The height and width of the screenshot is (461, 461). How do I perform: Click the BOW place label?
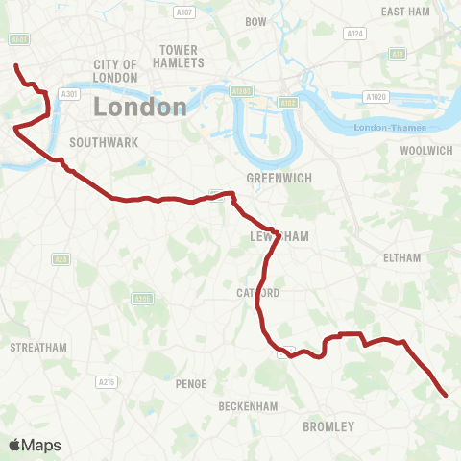[x=256, y=21]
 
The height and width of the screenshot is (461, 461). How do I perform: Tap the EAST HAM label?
[x=404, y=12]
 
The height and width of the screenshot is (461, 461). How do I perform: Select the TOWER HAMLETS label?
[x=182, y=56]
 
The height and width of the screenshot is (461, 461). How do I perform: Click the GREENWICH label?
[x=276, y=178]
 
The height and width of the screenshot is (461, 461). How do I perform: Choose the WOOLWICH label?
[x=425, y=151]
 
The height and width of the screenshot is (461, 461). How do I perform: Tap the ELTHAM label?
[x=401, y=258]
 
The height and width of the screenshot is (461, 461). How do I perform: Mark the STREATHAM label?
[x=38, y=347]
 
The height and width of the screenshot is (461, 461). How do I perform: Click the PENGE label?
[x=191, y=384]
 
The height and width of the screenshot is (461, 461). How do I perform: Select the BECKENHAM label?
[x=248, y=406]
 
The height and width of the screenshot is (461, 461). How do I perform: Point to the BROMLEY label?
[x=328, y=425]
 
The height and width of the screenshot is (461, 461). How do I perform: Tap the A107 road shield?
[x=184, y=12]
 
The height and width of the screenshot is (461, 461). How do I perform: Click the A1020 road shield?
[x=375, y=97]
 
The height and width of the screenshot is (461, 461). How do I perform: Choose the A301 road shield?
[x=67, y=94]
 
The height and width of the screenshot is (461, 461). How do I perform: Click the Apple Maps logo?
[x=35, y=445]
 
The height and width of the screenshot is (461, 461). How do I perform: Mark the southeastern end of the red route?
[x=446, y=394]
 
